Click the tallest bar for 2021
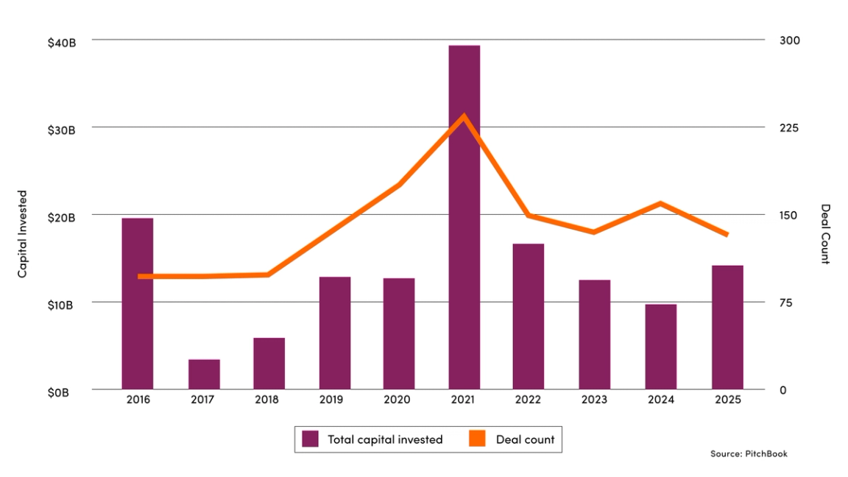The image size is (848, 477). (x=464, y=217)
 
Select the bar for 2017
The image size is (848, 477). (x=204, y=375)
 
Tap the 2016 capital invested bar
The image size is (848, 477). (x=138, y=303)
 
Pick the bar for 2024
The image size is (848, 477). (x=660, y=347)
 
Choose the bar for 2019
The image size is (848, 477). (x=335, y=333)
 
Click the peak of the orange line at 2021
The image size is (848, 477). (x=464, y=116)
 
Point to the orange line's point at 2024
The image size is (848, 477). (x=660, y=203)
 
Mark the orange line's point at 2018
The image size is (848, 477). (x=269, y=275)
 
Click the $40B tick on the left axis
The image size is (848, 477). (x=62, y=43)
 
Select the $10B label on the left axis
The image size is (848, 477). (x=62, y=305)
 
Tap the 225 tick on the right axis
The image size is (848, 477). (x=789, y=128)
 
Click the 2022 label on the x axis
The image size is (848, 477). (x=529, y=400)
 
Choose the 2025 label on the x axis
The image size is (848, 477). (x=727, y=400)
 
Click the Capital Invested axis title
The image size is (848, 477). (x=22, y=234)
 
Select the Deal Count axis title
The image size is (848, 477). (x=825, y=234)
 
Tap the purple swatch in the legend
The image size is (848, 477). (x=311, y=439)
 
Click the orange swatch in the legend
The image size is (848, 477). (x=478, y=439)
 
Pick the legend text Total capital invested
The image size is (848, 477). (x=385, y=439)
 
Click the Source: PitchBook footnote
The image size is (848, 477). (x=749, y=454)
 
